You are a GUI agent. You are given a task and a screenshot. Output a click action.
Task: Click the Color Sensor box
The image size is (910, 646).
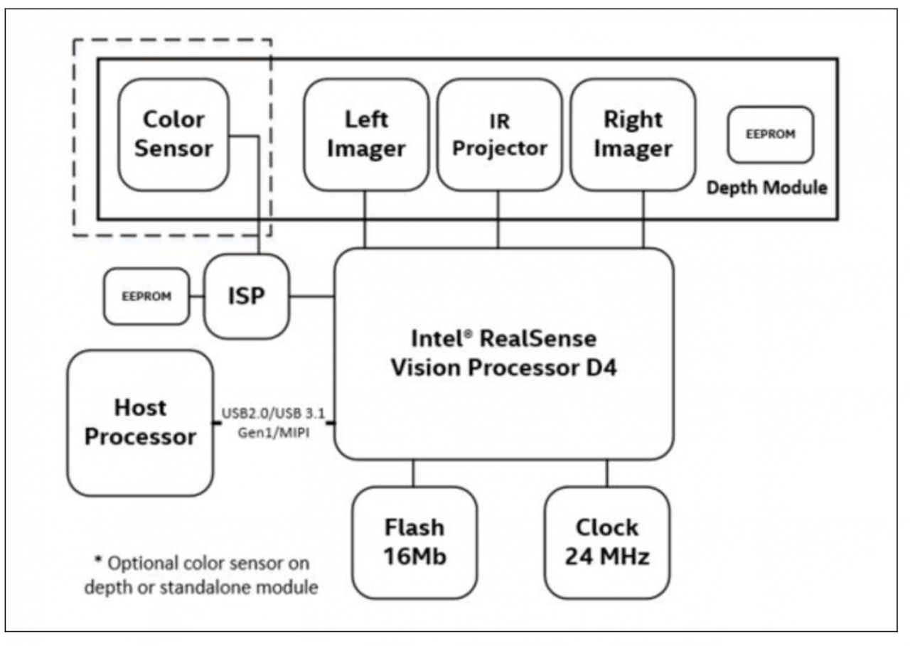[x=173, y=134]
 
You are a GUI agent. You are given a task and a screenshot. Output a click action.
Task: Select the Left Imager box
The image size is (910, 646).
[x=366, y=134]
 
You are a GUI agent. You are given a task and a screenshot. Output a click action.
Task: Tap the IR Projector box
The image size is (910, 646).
[x=500, y=134]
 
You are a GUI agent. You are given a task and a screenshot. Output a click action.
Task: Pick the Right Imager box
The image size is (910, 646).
[x=633, y=134]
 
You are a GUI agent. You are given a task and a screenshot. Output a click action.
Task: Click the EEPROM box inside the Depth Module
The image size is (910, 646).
[x=771, y=134]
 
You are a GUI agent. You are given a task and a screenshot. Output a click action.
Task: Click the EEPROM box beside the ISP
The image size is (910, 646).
[x=146, y=296]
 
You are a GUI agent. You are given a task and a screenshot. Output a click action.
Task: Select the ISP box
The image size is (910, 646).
[x=247, y=296]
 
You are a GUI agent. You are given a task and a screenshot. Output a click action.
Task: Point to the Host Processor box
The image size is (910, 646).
[x=140, y=423]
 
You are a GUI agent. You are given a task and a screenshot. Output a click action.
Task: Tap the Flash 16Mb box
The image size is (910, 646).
[x=414, y=542]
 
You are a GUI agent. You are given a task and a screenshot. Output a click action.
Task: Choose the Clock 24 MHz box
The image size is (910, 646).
[x=607, y=542]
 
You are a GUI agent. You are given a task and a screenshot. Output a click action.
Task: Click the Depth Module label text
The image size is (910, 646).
[x=767, y=188]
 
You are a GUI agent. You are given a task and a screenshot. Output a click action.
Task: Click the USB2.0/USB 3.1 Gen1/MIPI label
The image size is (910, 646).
[x=274, y=423]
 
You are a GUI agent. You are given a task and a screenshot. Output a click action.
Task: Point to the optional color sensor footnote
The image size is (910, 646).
[x=201, y=575]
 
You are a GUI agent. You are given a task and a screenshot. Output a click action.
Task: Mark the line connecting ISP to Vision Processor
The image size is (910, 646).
[x=312, y=296]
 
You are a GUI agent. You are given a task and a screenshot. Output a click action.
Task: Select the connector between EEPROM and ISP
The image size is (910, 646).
[x=197, y=296]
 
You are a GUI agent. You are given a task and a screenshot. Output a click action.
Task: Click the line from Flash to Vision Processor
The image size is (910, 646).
[x=414, y=473]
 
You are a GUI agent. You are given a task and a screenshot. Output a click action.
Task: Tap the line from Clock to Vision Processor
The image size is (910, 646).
[x=607, y=473]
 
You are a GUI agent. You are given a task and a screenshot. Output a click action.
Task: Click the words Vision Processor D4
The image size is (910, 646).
[x=504, y=368]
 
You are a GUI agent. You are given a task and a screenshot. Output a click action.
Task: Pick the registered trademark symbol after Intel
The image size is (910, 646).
[x=468, y=334]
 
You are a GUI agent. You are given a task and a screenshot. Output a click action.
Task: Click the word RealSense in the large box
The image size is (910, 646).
[x=538, y=338]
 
